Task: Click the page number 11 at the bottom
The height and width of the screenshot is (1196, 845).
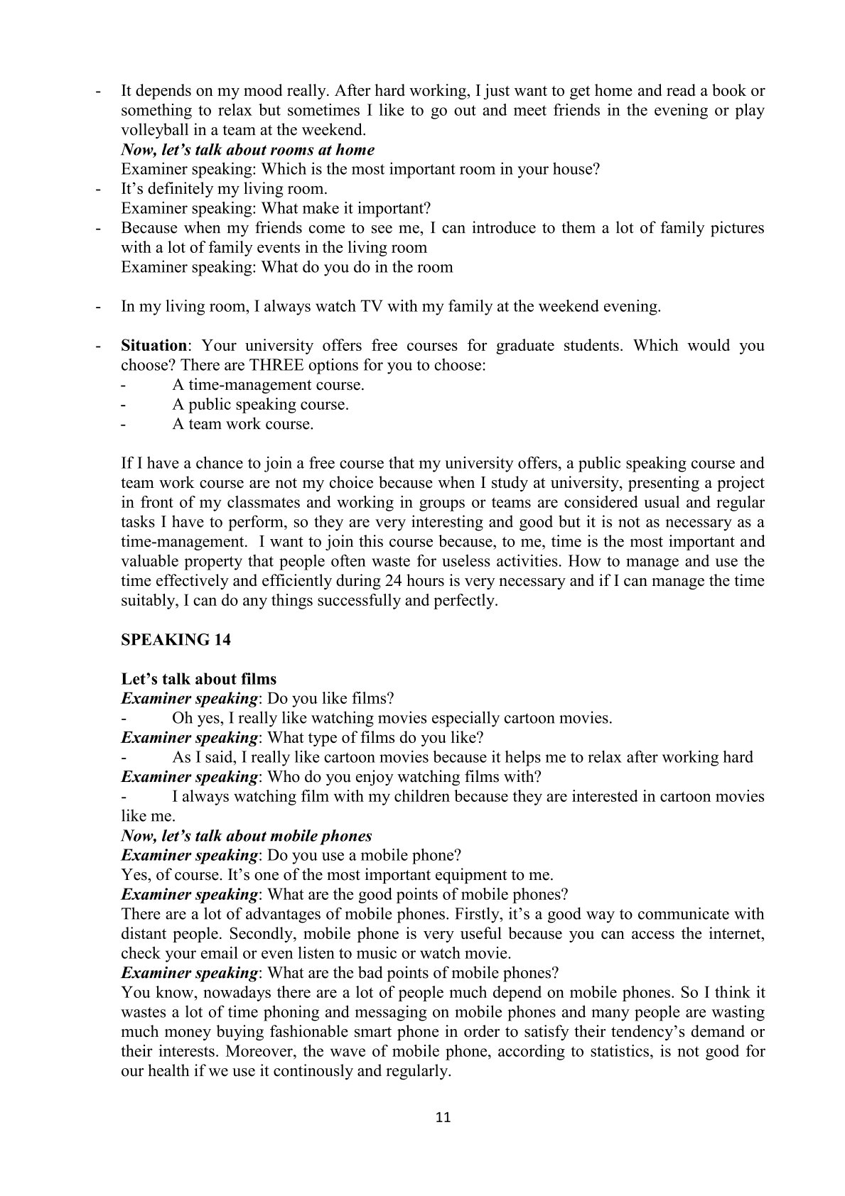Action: [442, 1117]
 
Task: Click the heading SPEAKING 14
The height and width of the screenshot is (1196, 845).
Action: [176, 640]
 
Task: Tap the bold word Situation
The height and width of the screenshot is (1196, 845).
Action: [154, 346]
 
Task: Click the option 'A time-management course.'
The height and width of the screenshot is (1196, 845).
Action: [268, 385]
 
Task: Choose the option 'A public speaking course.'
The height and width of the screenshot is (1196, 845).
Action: [260, 405]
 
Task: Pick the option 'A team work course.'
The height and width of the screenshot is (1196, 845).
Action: [242, 425]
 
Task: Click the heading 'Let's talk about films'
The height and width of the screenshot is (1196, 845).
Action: [198, 679]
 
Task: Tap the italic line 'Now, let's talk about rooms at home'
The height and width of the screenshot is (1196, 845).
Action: [247, 150]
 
